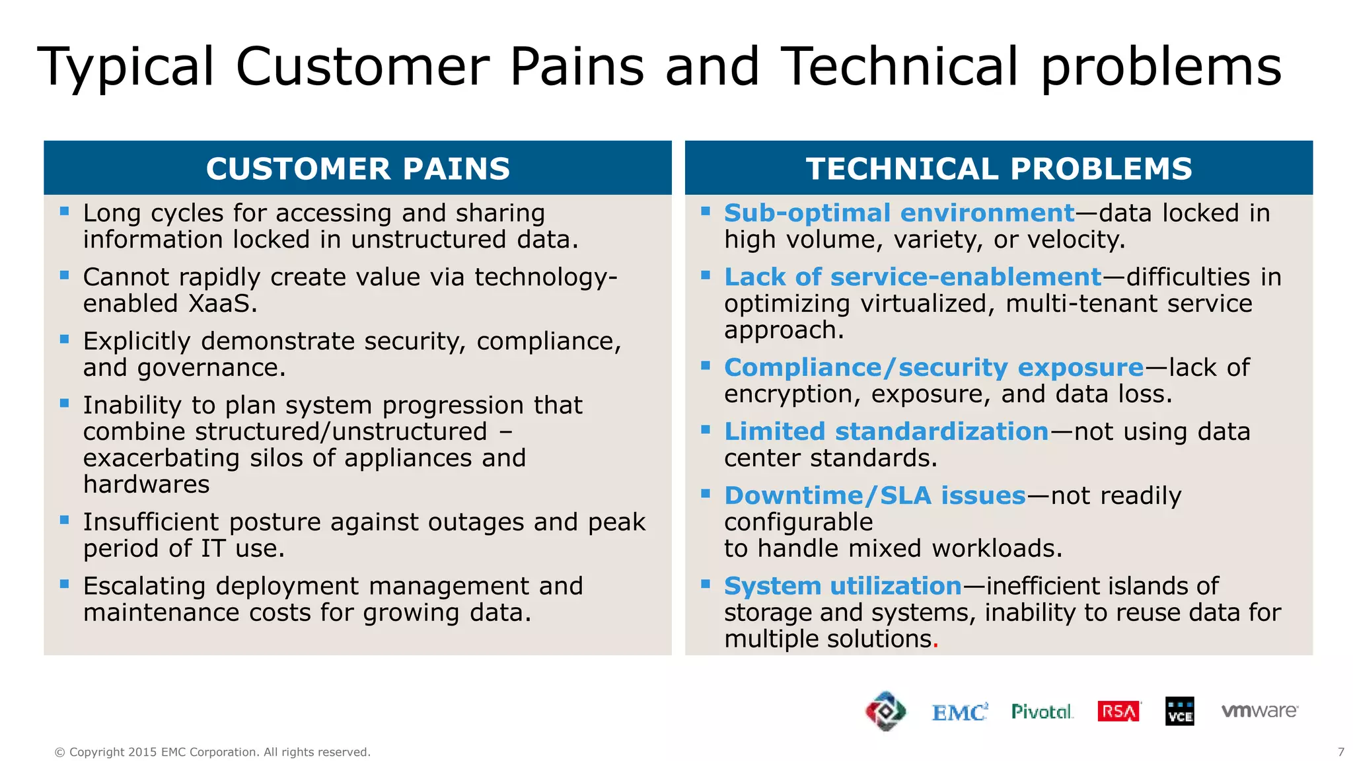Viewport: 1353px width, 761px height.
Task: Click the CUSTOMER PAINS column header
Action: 357,168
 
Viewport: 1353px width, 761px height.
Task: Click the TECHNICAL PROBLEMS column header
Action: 998,168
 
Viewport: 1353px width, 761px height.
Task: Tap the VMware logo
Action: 1259,711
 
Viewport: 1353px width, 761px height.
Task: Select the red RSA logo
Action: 1118,711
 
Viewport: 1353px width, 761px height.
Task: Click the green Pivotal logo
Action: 1042,711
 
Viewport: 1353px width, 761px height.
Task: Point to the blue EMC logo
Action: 959,712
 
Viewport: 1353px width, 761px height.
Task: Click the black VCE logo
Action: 1179,711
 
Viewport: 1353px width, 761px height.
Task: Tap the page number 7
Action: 1340,752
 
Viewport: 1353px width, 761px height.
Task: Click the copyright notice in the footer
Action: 212,752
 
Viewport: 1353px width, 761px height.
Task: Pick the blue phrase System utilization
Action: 842,587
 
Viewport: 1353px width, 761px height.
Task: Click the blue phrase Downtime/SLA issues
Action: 875,496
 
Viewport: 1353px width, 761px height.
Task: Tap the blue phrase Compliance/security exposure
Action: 933,368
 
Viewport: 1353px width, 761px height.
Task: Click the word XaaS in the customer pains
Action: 222,304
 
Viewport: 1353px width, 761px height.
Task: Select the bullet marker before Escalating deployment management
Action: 64,584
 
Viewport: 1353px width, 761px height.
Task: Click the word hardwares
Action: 146,485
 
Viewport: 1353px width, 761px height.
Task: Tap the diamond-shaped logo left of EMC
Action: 885,711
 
